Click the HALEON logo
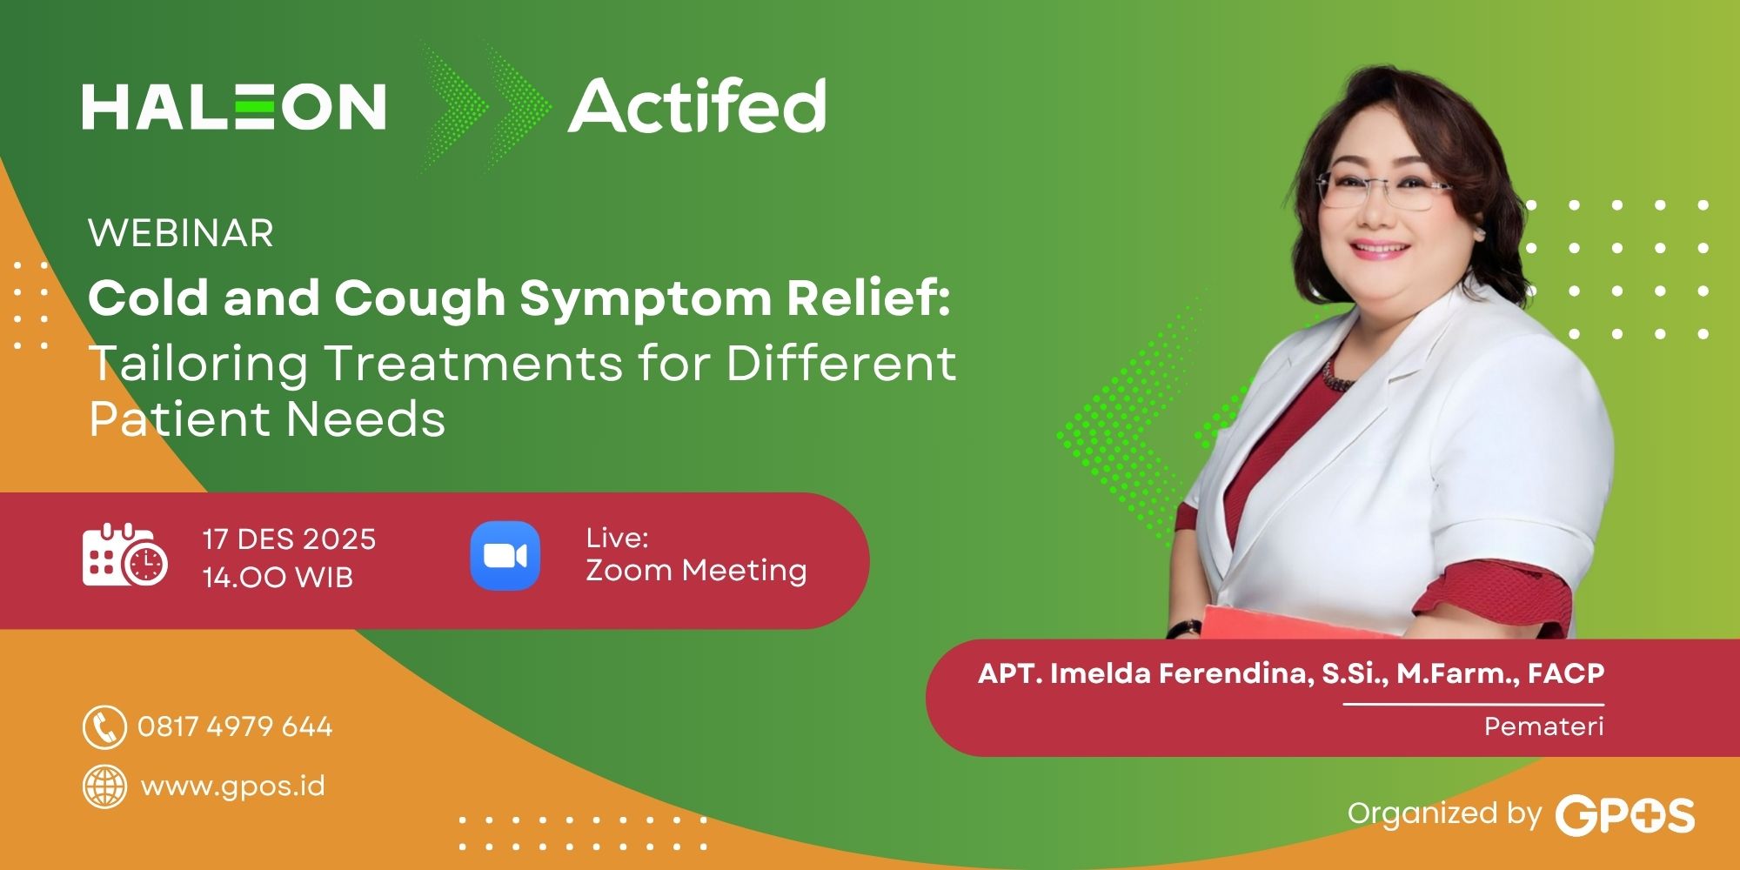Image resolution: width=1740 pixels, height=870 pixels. point(234,107)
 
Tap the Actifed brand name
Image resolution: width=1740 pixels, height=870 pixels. point(697,106)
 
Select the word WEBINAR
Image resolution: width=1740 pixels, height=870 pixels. point(181,233)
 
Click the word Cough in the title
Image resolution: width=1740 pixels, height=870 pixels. point(419,298)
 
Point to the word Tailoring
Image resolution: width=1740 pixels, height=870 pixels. point(198,363)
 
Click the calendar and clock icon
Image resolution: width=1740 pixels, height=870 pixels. point(124,556)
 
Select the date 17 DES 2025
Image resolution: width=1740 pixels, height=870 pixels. point(289,539)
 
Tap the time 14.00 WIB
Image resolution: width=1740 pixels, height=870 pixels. point(278,578)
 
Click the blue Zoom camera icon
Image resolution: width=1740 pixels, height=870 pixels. point(505,556)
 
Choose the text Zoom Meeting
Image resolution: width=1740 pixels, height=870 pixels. point(696,571)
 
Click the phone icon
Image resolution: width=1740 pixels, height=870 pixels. point(104,727)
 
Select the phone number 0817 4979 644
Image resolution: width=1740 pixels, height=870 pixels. point(235,726)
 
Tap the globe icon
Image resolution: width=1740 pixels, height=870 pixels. point(104,786)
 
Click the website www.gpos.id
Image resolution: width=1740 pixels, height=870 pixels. point(232,786)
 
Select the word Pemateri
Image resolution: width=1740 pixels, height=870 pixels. point(1543,726)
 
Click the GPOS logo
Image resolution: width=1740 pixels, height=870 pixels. point(1624,815)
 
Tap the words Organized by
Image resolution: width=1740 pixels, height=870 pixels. point(1443,813)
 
